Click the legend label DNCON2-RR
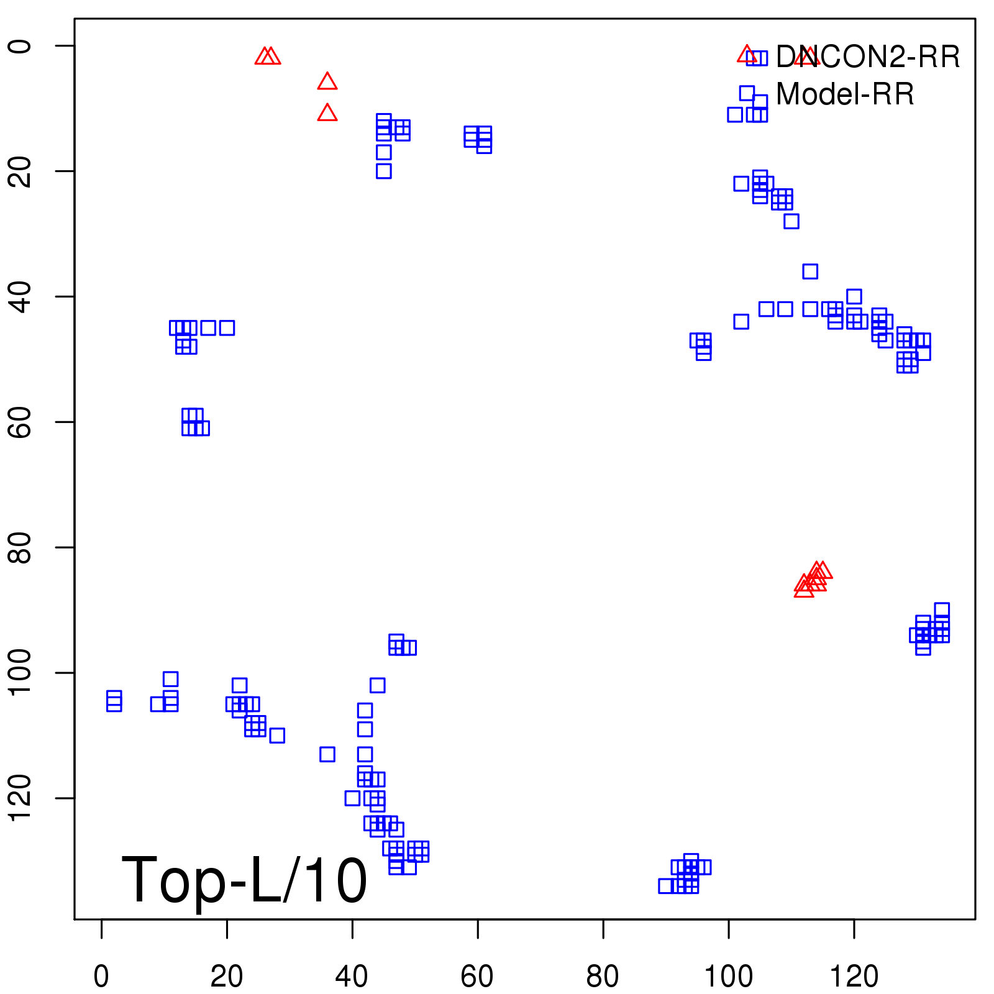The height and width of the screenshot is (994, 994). tap(868, 57)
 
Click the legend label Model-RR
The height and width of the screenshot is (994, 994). tap(845, 94)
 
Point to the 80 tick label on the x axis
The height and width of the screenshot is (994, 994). tap(603, 976)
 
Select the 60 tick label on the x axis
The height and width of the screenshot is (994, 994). tap(477, 976)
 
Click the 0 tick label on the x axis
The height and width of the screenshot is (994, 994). tap(101, 976)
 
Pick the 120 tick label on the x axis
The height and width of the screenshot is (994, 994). tap(854, 976)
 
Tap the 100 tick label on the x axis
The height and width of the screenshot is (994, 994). tap(728, 976)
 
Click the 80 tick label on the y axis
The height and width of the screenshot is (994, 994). tap(20, 547)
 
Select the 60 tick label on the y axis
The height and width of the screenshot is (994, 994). tap(20, 422)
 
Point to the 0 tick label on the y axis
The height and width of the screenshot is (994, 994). tap(20, 46)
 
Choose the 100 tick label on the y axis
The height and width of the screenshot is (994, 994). tap(20, 673)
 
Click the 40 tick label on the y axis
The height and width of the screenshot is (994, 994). tap(20, 296)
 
